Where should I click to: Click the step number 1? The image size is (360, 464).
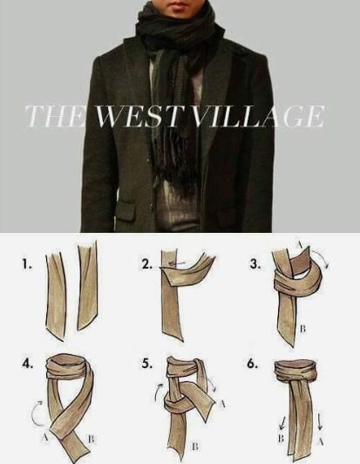click(x=26, y=264)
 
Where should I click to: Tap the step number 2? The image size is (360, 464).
click(x=147, y=264)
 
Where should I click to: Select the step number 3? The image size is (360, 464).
click(x=255, y=264)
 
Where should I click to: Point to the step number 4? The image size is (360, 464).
click(x=27, y=364)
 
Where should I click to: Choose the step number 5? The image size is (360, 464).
click(x=147, y=364)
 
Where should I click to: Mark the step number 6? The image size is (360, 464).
click(x=252, y=364)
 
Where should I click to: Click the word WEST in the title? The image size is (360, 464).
click(x=138, y=116)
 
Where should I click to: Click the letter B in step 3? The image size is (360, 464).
click(x=302, y=329)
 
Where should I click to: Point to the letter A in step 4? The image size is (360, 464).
click(x=45, y=437)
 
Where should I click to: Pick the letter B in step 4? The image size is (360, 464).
click(x=92, y=439)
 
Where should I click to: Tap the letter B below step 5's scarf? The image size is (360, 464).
click(x=194, y=447)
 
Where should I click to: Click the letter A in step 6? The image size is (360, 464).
click(x=321, y=441)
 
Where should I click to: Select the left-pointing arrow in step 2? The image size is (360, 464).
click(x=177, y=263)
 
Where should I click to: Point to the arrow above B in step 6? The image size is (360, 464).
click(x=282, y=423)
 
